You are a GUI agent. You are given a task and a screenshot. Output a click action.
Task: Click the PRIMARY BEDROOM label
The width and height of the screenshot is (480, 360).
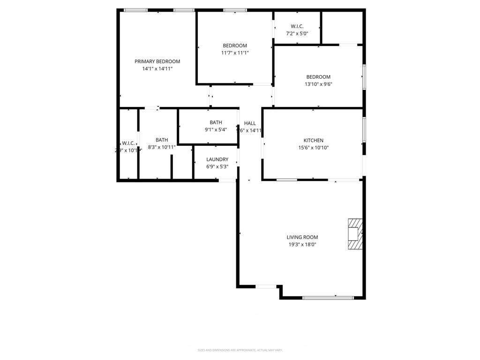tap(157, 61)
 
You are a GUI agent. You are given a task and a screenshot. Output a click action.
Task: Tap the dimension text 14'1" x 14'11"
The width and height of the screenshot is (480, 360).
tap(157, 69)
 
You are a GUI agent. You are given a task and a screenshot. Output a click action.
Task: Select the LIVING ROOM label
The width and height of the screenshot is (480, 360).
tap(302, 237)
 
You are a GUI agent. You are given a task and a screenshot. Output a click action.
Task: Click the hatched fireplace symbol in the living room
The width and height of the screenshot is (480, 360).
tap(355, 233)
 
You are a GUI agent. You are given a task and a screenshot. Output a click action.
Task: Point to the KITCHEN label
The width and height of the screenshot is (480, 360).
tap(313, 140)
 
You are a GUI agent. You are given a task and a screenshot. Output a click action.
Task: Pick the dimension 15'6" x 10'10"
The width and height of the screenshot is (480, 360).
tap(313, 148)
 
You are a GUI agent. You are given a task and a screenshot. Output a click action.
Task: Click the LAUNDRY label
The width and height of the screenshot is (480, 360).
tap(217, 159)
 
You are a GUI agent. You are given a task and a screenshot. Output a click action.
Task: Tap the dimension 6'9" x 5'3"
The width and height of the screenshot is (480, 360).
tap(217, 166)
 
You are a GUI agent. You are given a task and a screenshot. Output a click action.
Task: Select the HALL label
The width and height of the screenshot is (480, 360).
tap(250, 123)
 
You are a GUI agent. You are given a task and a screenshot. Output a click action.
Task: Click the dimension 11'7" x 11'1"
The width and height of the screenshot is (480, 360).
tap(234, 53)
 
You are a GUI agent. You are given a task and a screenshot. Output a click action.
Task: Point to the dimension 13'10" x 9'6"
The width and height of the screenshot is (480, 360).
tap(318, 84)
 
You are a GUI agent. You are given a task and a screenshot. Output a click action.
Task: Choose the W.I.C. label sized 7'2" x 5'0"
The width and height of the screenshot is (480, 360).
tap(297, 26)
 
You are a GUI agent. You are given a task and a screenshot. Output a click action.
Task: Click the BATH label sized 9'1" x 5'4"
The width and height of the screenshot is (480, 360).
tap(216, 122)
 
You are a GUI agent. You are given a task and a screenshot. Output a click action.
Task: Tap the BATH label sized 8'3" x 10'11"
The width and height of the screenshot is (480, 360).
tap(162, 140)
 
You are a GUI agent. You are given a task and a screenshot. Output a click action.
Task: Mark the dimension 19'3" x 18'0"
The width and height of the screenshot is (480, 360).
tap(302, 245)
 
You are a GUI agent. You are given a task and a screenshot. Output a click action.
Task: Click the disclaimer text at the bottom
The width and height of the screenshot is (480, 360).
tap(240, 350)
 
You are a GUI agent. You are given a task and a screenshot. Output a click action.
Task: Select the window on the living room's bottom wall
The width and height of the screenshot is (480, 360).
tap(328, 297)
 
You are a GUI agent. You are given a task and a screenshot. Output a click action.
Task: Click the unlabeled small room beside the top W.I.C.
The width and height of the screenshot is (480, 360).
tap(342, 27)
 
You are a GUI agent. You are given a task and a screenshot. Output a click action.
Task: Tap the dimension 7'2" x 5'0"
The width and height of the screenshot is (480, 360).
tap(297, 34)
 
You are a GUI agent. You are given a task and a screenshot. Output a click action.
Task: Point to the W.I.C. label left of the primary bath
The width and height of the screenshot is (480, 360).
tap(128, 143)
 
